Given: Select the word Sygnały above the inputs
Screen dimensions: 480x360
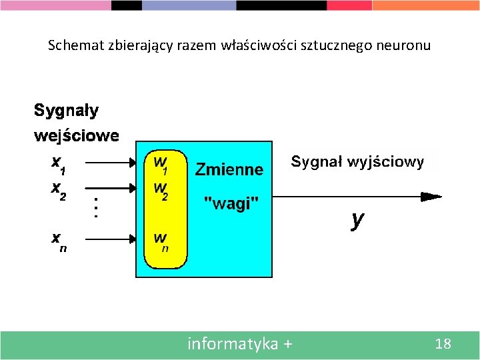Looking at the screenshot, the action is pos(66,110).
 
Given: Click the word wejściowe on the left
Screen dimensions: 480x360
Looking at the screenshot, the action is pos(77,136).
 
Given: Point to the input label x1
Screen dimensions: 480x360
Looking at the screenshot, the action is pos(58,163).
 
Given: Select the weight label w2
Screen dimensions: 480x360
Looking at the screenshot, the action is pos(161,189).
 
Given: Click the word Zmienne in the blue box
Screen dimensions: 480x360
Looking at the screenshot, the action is pos(229,169).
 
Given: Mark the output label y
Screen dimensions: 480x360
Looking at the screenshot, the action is pos(358,220).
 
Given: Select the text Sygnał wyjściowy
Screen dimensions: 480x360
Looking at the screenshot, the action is pos(357,162).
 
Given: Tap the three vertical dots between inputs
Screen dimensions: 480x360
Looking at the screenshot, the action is pos(96,206).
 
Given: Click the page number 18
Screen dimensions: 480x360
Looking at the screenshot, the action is pos(443,344).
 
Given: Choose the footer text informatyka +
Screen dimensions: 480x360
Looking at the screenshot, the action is pos(239,344).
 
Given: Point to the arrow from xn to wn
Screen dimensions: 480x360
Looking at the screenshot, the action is pos(111,236).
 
